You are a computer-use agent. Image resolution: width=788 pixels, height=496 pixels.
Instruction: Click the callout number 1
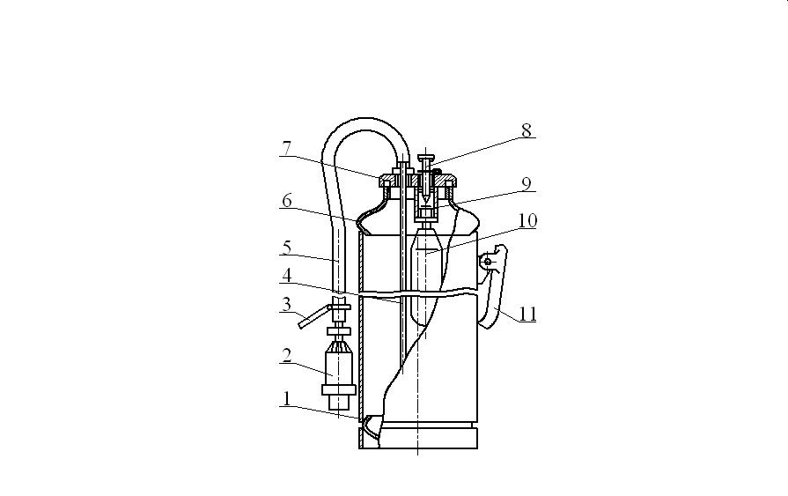287,399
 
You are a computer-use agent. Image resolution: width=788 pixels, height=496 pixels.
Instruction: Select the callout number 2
287,356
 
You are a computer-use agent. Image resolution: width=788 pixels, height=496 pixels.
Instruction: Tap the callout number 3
286,304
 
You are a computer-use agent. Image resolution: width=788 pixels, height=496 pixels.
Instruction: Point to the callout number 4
287,275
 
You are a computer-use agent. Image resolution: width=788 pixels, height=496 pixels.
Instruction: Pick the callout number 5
287,248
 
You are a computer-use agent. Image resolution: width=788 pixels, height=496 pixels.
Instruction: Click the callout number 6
287,201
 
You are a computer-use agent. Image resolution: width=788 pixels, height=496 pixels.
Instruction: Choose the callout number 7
287,148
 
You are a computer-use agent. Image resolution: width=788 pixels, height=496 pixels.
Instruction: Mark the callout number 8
527,130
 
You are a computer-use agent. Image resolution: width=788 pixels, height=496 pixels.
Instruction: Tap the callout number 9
527,183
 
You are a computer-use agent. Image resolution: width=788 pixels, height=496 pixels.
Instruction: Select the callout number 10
527,221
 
